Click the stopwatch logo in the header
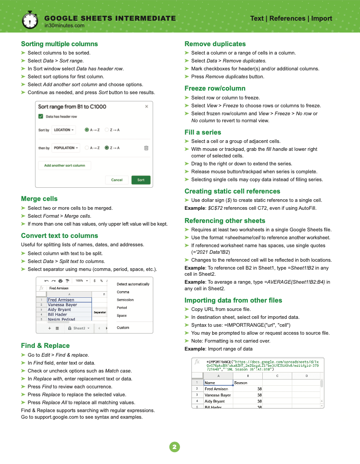[29, 19]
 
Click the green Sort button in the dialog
[141, 180]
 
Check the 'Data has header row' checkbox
[41, 117]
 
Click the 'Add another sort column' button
[65, 165]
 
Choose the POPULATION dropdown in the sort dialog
[66, 148]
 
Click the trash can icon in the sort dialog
[146, 148]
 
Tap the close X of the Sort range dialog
[147, 106]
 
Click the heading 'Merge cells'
[39, 199]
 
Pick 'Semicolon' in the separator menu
[125, 300]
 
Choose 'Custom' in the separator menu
[123, 328]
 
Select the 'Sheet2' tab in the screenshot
[81, 328]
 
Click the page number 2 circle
[175, 447]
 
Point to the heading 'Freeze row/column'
[215, 88]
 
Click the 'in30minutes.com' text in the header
[65, 26]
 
